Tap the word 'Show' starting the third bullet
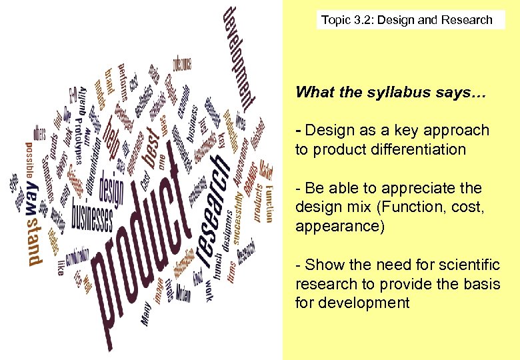(x=322, y=265)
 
